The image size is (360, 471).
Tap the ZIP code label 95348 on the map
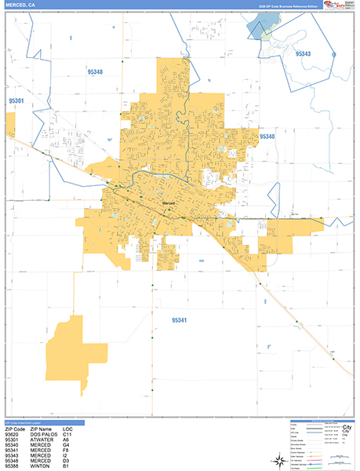(96, 71)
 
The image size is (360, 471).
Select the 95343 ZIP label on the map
(303, 54)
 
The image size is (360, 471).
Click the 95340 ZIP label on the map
(267, 136)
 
